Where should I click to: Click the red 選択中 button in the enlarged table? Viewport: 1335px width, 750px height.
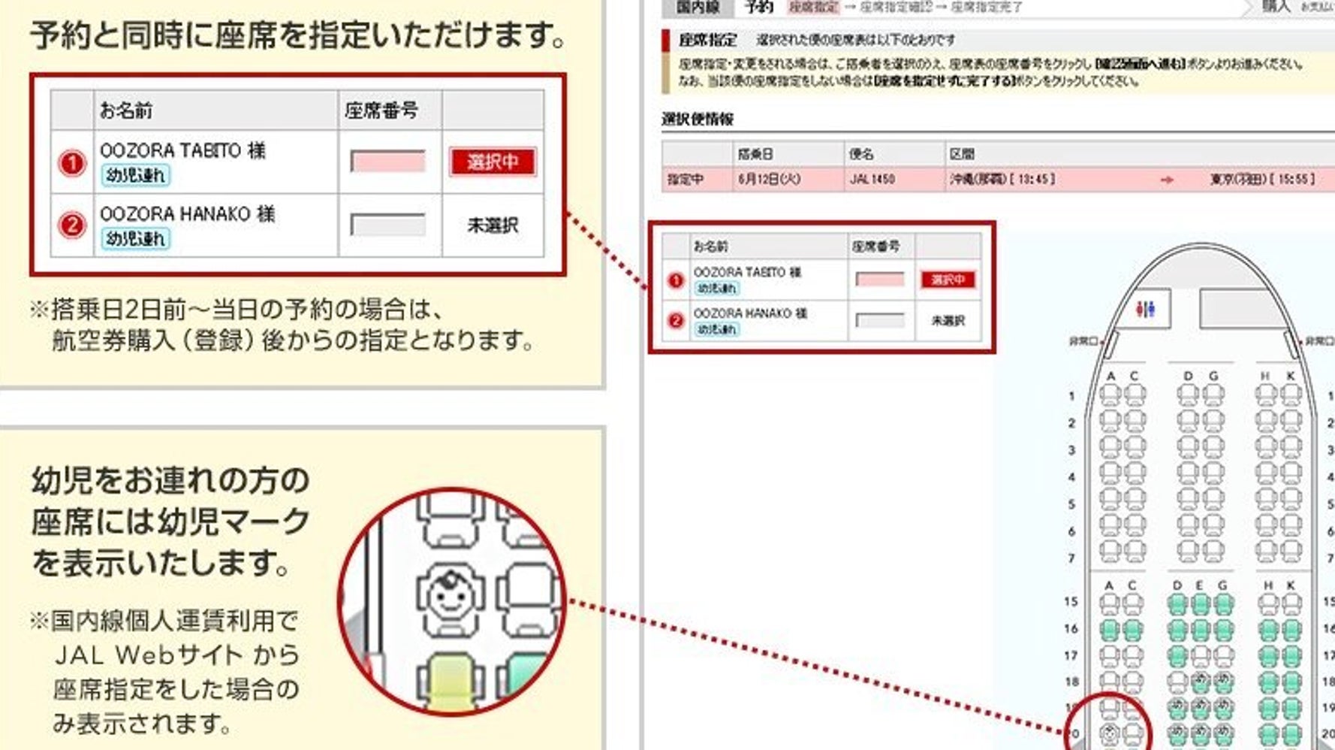(493, 162)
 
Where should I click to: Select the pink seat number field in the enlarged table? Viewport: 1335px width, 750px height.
(387, 162)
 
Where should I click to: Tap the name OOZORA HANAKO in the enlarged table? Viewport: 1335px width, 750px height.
(175, 214)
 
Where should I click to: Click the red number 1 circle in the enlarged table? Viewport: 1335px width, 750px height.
(72, 162)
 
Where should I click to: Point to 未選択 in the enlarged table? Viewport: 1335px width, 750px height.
(493, 225)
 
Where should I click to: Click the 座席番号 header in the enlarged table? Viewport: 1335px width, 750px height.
(381, 110)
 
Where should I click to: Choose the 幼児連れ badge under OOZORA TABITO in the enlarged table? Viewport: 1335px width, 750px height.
(136, 175)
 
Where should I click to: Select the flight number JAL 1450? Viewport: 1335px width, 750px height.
(872, 180)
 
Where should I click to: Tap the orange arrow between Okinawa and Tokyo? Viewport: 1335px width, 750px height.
(1166, 180)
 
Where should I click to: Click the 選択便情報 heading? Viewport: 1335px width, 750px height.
(698, 119)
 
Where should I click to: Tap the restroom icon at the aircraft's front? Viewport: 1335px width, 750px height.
(1145, 309)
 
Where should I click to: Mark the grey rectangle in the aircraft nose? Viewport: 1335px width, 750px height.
(1243, 308)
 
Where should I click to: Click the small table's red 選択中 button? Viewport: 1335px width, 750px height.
(948, 280)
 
